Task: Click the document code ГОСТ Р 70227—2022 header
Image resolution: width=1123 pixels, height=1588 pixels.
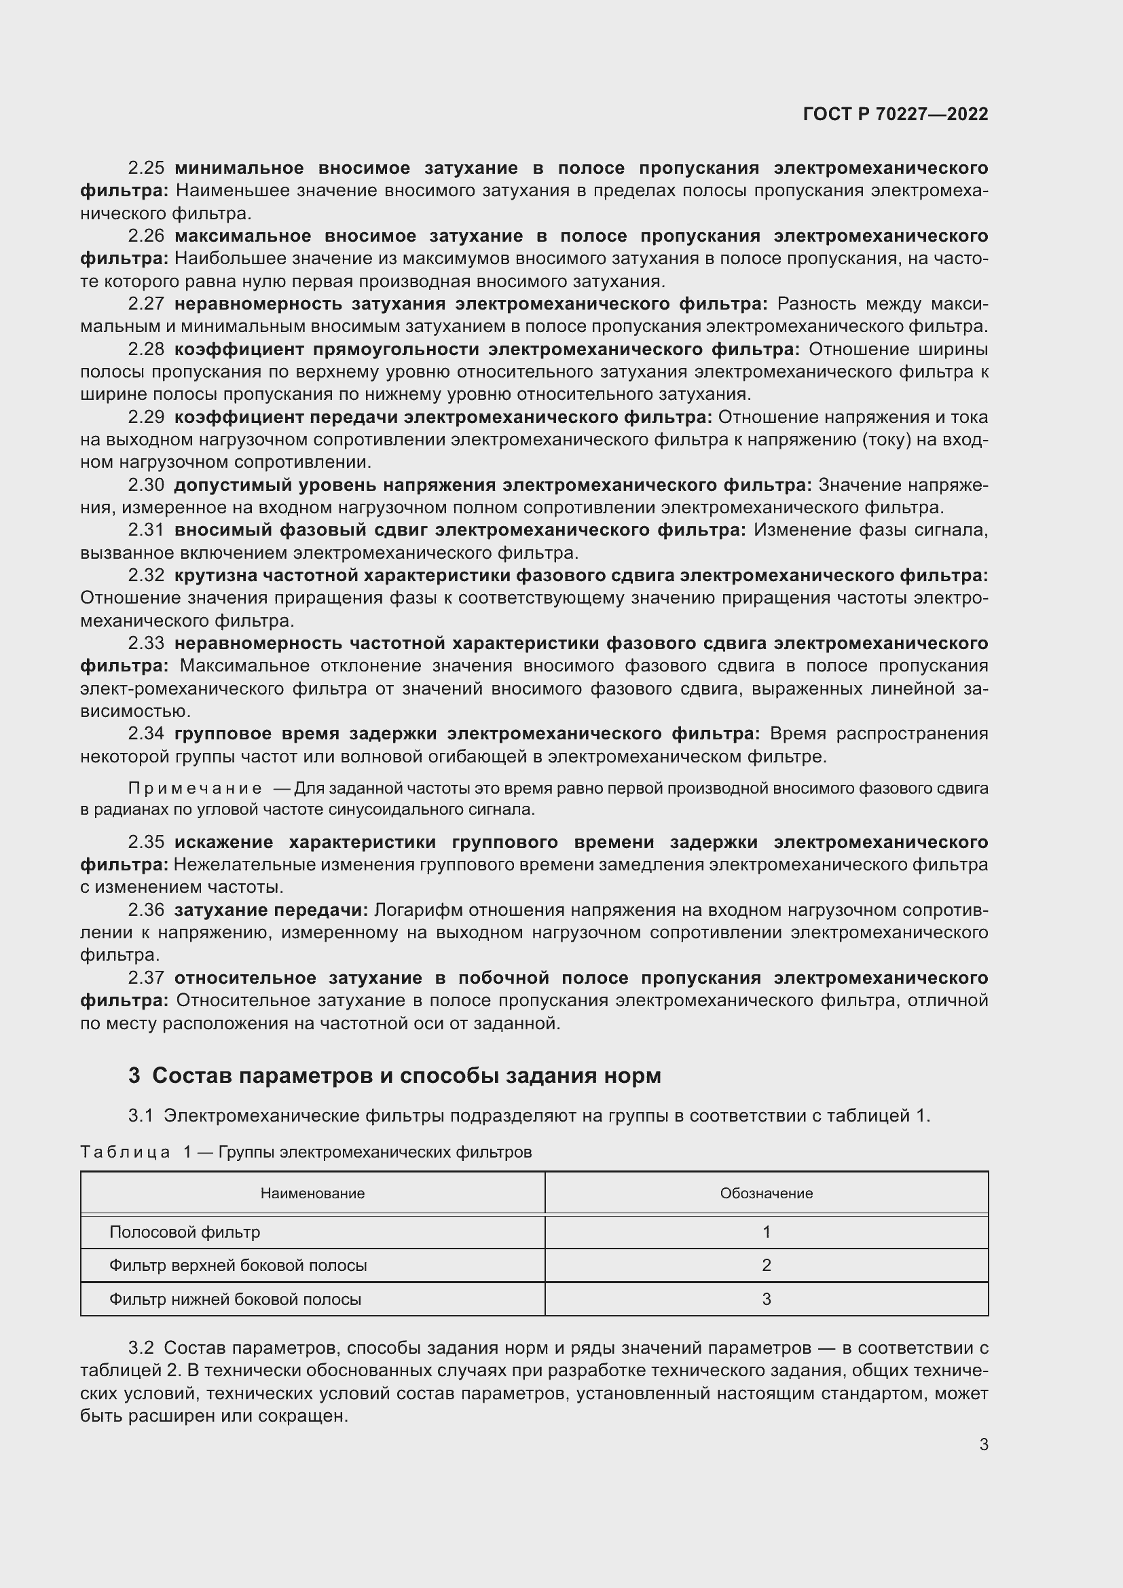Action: click(895, 114)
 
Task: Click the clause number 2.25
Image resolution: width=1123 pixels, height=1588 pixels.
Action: click(146, 168)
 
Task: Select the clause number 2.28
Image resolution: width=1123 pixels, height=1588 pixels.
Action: click(146, 349)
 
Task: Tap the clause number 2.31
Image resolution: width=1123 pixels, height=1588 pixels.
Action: click(146, 530)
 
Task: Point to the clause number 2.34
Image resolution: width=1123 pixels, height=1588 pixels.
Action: click(146, 733)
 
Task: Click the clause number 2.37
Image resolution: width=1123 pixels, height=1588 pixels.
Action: click(146, 977)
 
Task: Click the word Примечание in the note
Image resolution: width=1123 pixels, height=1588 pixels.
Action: click(195, 788)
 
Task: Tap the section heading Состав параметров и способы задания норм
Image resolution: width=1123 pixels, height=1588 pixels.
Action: click(406, 1075)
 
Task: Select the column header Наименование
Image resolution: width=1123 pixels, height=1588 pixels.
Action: click(312, 1193)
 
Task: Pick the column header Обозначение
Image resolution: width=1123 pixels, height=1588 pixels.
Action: click(766, 1193)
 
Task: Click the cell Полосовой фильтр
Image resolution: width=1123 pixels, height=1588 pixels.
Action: click(185, 1232)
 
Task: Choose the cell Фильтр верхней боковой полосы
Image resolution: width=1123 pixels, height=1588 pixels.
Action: click(238, 1265)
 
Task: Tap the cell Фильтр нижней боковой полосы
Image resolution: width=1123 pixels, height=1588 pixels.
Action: click(235, 1299)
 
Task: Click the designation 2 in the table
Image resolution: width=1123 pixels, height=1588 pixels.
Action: click(766, 1265)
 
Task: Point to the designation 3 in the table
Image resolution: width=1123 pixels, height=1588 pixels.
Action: click(766, 1299)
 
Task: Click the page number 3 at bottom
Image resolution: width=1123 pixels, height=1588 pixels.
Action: click(983, 1444)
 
